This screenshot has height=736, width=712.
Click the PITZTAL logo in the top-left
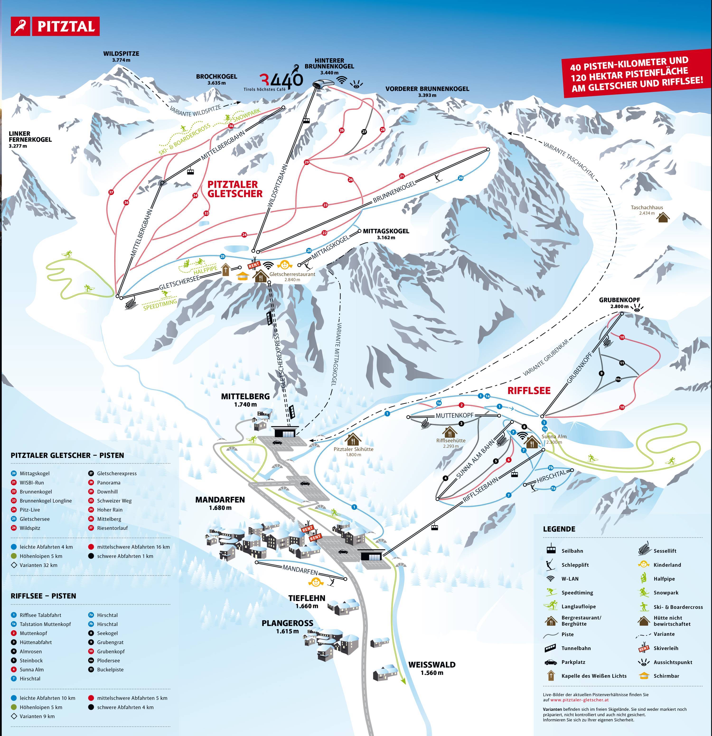pos(55,26)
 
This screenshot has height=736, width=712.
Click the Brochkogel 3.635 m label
pos(216,79)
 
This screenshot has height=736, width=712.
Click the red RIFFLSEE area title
pos(529,391)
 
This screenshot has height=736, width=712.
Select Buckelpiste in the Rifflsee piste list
pos(110,670)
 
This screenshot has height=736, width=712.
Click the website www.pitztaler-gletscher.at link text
pos(579,700)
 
